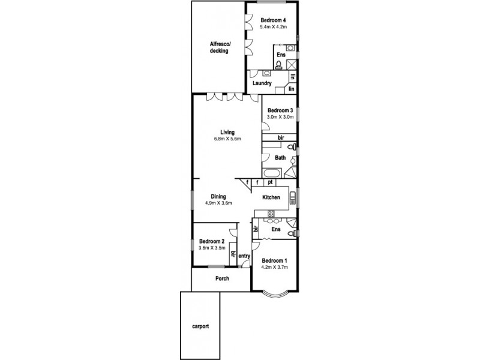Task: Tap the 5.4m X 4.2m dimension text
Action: click(x=274, y=27)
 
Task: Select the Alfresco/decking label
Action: click(x=219, y=47)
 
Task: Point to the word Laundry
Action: click(x=262, y=83)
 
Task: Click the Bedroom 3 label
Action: click(x=280, y=110)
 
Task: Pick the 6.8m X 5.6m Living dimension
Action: click(x=227, y=139)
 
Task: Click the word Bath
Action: click(x=280, y=158)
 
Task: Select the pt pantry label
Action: click(x=271, y=182)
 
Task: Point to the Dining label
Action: click(x=218, y=196)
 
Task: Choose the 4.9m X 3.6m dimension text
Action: click(x=218, y=203)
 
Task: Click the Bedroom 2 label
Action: click(x=212, y=241)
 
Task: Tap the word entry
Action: click(x=244, y=257)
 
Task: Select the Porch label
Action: click(x=223, y=279)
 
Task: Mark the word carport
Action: click(x=201, y=327)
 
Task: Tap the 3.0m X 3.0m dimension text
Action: click(x=280, y=117)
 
